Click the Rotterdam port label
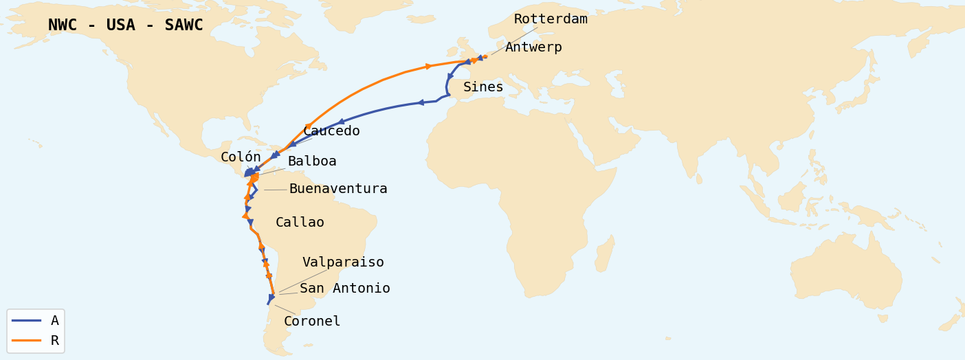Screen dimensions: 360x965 coord(551,19)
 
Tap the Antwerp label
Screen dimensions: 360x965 coord(533,47)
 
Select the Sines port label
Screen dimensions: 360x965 coord(482,87)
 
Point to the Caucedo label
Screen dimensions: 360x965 coord(331,131)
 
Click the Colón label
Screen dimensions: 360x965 coord(241,157)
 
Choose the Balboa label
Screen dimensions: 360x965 coord(312,161)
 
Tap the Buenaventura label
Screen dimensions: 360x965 coord(338,189)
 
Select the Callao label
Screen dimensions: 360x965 coord(300,223)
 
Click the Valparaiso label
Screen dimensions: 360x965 coord(343,262)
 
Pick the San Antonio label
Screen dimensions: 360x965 coord(344,289)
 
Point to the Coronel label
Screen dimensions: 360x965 coord(312,322)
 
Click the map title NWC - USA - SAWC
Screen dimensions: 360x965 coord(126,25)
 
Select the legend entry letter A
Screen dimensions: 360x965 coord(55,321)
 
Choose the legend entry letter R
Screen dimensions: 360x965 coord(55,341)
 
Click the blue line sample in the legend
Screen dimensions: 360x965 coord(26,321)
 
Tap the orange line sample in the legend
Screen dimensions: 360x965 coord(26,341)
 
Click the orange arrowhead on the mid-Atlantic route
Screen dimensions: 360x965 coord(429,66)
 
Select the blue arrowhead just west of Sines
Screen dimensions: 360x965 coord(420,102)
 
